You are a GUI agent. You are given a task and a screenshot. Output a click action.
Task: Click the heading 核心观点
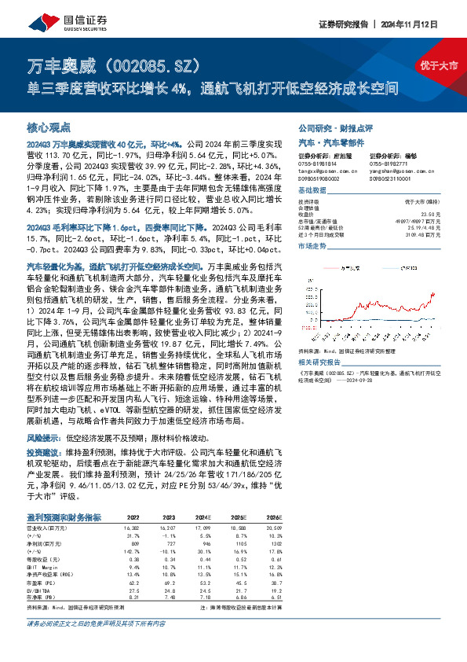pyautogui.click(x=49, y=127)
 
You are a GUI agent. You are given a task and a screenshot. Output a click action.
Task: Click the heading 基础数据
pyautogui.click(x=312, y=191)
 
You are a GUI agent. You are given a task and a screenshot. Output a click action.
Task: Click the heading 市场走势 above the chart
pyautogui.click(x=312, y=247)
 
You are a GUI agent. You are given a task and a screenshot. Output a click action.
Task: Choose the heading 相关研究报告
pyautogui.click(x=319, y=362)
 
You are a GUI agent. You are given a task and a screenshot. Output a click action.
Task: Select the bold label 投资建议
pyautogui.click(x=46, y=454)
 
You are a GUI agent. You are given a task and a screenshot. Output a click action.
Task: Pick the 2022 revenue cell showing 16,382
pyautogui.click(x=130, y=527)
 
